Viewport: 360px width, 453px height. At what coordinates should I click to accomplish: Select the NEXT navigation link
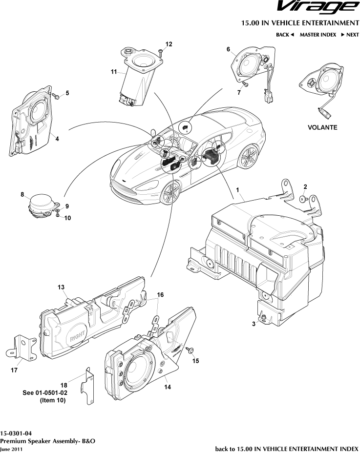click(350, 35)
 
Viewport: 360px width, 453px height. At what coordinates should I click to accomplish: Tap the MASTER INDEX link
click(318, 35)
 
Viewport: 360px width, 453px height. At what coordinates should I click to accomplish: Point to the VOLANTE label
click(322, 127)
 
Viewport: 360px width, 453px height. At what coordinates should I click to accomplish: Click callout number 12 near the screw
click(169, 44)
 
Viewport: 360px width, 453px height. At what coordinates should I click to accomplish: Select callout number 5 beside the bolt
click(67, 93)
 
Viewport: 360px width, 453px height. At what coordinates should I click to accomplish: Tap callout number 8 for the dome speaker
click(22, 194)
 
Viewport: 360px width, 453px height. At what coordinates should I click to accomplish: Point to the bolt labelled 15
click(190, 350)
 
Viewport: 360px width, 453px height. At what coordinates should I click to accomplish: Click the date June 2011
click(11, 448)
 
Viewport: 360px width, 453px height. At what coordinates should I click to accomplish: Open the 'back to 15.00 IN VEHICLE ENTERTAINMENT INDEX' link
click(287, 448)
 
